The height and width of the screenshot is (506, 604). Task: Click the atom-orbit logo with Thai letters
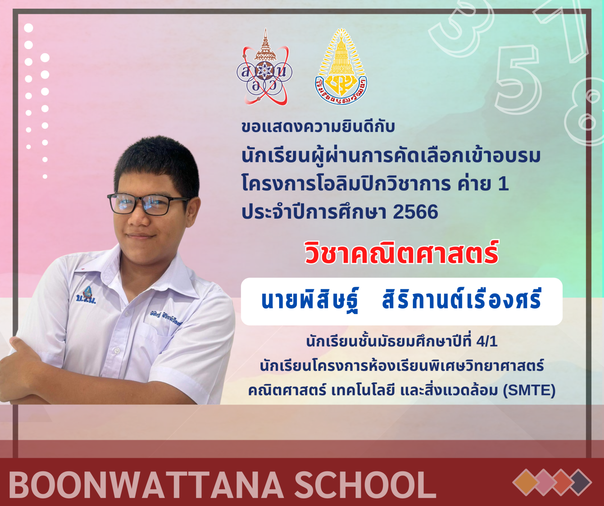[x=264, y=67]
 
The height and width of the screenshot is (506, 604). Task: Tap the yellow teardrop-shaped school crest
[x=341, y=66]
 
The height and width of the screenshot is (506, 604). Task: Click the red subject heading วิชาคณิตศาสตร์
[x=401, y=253]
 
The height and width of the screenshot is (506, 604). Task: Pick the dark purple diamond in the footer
[x=578, y=482]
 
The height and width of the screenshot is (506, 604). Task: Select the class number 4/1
[x=487, y=342]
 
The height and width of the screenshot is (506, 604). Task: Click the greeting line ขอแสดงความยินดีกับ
[x=318, y=127]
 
